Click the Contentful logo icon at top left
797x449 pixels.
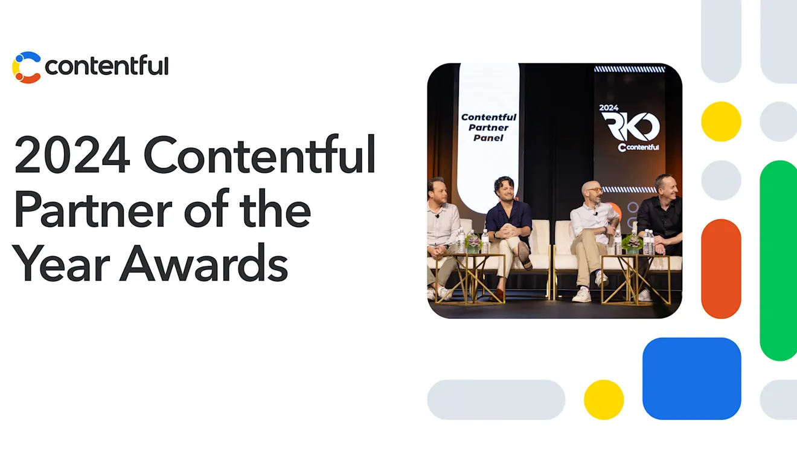pyautogui.click(x=27, y=67)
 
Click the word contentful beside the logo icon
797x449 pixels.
pyautogui.click(x=106, y=66)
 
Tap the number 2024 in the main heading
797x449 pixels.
pyautogui.click(x=72, y=156)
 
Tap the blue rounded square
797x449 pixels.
pyautogui.click(x=691, y=378)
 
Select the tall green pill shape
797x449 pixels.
pyautogui.click(x=778, y=260)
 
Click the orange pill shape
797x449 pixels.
pyautogui.click(x=721, y=269)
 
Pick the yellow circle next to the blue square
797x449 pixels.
pyautogui.click(x=604, y=399)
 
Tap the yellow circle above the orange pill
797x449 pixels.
pyautogui.click(x=721, y=121)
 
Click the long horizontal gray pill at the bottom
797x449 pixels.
pyautogui.click(x=496, y=399)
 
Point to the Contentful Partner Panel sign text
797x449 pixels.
pyautogui.click(x=488, y=128)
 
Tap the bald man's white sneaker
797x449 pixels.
pyautogui.click(x=581, y=295)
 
